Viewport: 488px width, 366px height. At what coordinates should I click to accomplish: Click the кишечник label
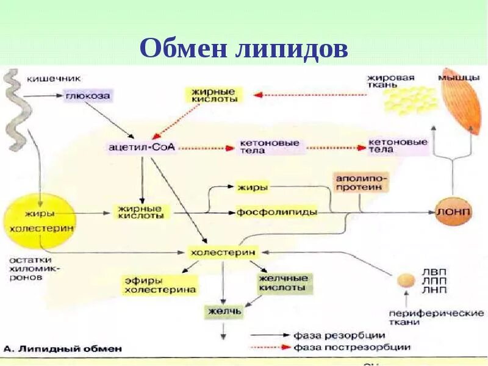coord(53,78)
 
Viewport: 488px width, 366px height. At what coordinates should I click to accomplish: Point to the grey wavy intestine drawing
coord(14,110)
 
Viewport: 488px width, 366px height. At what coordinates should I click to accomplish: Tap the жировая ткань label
coord(390,81)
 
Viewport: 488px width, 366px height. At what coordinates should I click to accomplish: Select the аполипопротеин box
coord(359,182)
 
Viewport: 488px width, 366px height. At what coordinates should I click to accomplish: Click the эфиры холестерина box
coord(160,285)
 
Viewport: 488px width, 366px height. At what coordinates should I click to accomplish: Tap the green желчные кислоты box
coord(283,282)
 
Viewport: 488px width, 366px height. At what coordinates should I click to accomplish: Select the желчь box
coord(223,312)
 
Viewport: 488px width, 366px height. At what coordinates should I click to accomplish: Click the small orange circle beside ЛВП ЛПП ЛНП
coord(403,280)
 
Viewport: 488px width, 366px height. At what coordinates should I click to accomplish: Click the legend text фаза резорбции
coord(339,335)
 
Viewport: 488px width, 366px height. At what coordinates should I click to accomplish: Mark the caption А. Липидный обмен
coord(62,350)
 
